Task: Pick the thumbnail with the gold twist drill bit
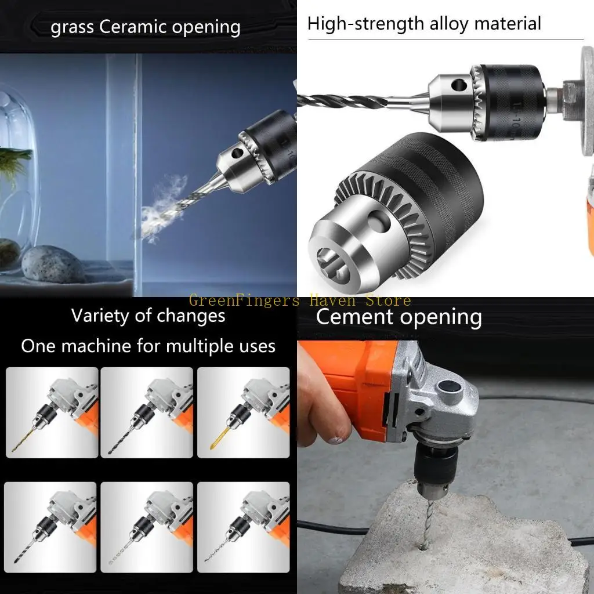[x=52, y=412]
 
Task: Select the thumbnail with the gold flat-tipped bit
[x=243, y=412]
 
